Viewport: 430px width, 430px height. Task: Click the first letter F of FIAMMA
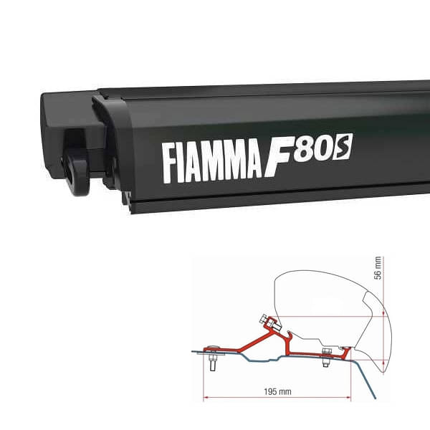170,164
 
